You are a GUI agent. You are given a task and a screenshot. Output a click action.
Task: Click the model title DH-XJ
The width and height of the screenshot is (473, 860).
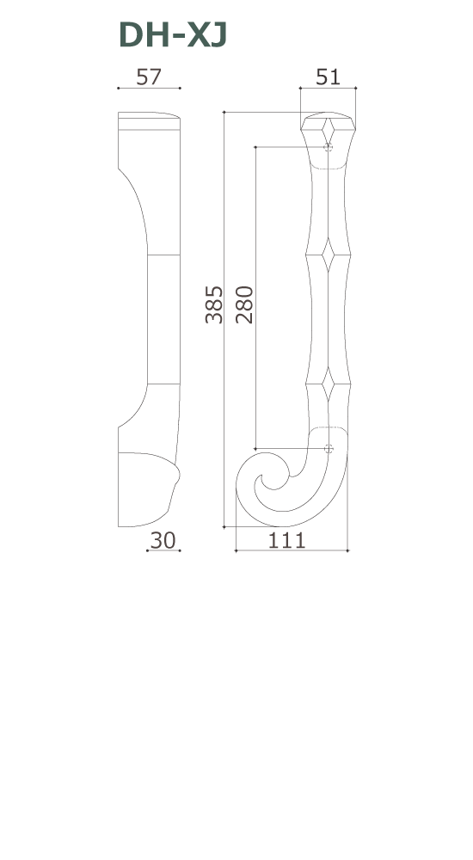point(172,35)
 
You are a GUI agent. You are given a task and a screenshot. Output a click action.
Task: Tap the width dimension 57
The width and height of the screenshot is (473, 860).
point(149,77)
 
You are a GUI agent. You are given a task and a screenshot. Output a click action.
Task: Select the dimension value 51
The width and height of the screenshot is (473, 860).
point(328,77)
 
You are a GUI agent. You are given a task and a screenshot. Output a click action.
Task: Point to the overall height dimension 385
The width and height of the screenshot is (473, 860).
point(214,305)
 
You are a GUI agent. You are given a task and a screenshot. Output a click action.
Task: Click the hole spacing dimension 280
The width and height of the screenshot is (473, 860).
point(244,305)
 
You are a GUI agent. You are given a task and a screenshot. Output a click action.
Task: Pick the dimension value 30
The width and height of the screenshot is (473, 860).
point(163,540)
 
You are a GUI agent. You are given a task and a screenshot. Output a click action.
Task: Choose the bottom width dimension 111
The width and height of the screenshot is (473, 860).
point(287,540)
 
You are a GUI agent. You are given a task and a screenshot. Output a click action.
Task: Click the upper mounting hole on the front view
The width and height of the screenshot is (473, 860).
point(328,148)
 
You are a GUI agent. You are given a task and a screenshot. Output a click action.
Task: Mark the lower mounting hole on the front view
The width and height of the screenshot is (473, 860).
point(328,448)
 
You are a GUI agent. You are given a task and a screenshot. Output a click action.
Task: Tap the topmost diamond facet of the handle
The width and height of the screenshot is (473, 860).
point(328,131)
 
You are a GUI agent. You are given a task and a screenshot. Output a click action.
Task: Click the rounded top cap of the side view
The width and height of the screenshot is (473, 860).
point(149,119)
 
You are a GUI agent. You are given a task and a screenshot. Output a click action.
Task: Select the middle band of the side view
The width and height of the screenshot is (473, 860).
point(163,318)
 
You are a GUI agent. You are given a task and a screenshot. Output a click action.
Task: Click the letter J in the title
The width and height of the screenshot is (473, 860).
point(216,35)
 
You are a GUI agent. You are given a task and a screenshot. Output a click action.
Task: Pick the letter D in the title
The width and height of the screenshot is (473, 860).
point(131,35)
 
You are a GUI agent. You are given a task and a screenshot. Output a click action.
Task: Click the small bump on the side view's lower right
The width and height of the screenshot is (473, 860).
point(177,472)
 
